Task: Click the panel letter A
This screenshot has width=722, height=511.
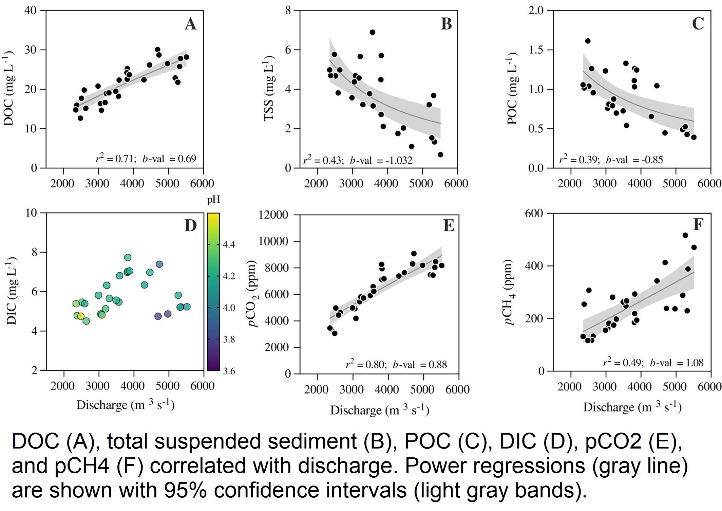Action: tap(190, 24)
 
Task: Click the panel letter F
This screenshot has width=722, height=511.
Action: tap(698, 225)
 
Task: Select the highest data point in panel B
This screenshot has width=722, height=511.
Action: tap(372, 32)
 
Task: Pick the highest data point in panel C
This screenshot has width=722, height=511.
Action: tap(588, 41)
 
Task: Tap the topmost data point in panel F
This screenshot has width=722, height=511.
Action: tap(685, 235)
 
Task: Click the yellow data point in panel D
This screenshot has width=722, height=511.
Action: tap(80, 316)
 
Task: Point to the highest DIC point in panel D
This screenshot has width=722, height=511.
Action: tap(128, 257)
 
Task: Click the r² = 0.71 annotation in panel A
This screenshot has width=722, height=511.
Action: tap(116, 159)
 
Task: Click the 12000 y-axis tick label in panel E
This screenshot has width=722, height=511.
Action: tap(273, 215)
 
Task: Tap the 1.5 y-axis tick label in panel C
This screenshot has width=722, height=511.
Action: tap(537, 50)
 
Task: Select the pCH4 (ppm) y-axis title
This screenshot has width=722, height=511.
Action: tap(509, 292)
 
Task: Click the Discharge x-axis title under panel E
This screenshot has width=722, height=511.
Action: tap(380, 410)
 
